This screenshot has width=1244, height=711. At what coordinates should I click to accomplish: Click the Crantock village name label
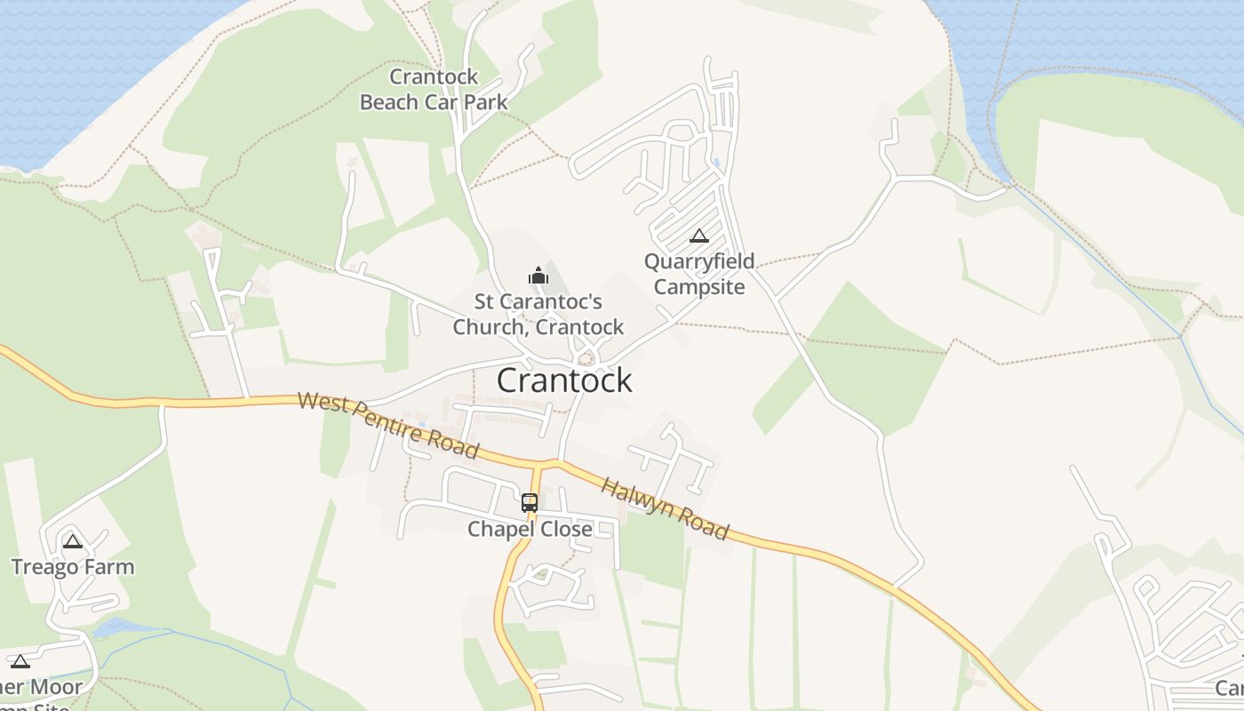coord(564,380)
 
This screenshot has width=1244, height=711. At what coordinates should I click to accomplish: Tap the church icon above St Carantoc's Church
coord(538,276)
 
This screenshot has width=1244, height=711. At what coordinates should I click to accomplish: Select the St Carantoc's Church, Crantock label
coord(538,315)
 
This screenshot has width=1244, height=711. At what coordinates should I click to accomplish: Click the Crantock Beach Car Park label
coord(434,90)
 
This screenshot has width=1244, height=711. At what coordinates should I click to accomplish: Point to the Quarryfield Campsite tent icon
coord(699,236)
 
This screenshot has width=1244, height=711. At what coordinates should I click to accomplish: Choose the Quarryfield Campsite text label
coord(699,274)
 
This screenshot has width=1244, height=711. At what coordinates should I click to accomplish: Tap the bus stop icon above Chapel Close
coord(530,502)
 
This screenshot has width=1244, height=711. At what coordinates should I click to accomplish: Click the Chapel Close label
coord(530,530)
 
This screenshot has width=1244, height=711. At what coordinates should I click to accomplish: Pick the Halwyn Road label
coord(665,508)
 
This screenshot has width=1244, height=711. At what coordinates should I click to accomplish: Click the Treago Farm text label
coord(73,567)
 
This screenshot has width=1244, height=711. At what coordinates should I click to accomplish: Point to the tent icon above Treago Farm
coord(73,540)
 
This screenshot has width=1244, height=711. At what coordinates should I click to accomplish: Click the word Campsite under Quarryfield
coord(699,286)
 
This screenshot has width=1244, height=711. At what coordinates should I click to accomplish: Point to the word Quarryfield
coord(699,261)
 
